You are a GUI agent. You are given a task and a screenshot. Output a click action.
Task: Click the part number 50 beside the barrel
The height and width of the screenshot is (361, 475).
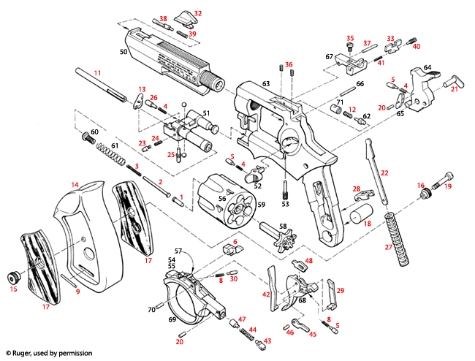click(x=124, y=53)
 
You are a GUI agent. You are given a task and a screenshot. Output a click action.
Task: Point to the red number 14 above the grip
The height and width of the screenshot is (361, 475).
click(x=75, y=184)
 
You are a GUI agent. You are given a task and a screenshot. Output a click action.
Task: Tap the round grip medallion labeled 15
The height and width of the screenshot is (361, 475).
click(x=13, y=278)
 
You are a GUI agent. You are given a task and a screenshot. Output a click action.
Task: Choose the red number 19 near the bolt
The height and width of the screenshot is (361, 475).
click(x=448, y=186)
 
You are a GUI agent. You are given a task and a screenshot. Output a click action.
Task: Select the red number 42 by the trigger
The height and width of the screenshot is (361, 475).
click(x=267, y=294)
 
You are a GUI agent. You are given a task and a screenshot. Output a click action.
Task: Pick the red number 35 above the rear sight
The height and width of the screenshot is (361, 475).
click(x=349, y=38)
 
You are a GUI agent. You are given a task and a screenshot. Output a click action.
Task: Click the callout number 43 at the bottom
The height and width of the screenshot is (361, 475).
click(x=267, y=341)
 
